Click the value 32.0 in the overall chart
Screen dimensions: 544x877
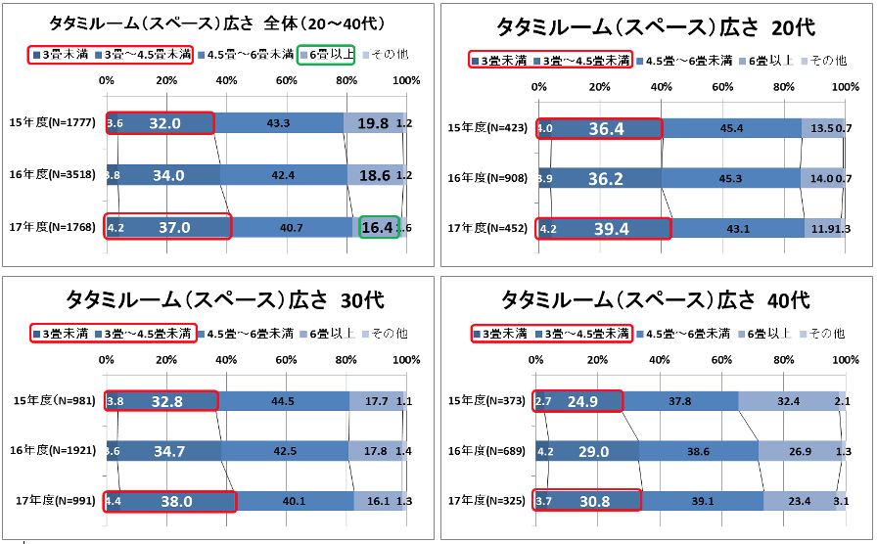coord(165,123)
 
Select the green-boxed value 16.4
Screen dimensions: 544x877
coord(379,227)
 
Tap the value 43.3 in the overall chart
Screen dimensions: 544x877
coord(278,123)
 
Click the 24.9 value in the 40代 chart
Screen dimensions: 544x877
coord(583,401)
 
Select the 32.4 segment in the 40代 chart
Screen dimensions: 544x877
coord(786,401)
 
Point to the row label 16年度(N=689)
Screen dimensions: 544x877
coord(486,451)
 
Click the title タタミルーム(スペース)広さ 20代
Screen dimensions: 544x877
coord(656,26)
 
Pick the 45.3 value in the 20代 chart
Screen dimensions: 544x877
coord(724,178)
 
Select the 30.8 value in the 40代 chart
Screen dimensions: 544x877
coord(594,501)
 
